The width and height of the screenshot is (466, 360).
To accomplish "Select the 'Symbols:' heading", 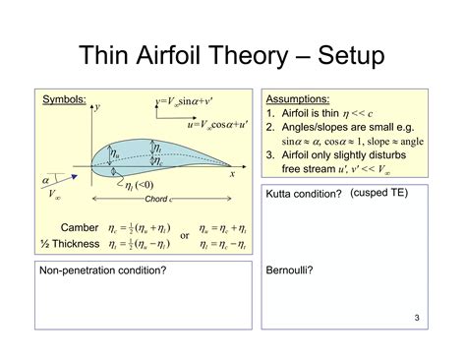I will pyautogui.click(x=63, y=100).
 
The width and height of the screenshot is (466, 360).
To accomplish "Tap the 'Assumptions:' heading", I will pyautogui.click(x=298, y=100).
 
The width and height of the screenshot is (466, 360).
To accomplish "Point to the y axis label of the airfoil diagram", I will pyautogui.click(x=97, y=105).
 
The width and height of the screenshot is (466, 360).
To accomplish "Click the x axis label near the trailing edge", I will pyautogui.click(x=233, y=174).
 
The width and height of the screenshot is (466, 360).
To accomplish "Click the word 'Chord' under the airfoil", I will pyautogui.click(x=157, y=200).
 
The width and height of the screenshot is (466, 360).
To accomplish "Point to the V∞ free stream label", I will pyautogui.click(x=57, y=197).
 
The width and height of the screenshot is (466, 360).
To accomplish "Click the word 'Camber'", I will pyautogui.click(x=80, y=227).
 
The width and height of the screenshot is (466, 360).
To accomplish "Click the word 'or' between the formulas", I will pyautogui.click(x=184, y=236).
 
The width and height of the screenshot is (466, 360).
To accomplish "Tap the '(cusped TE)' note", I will pyautogui.click(x=379, y=193).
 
